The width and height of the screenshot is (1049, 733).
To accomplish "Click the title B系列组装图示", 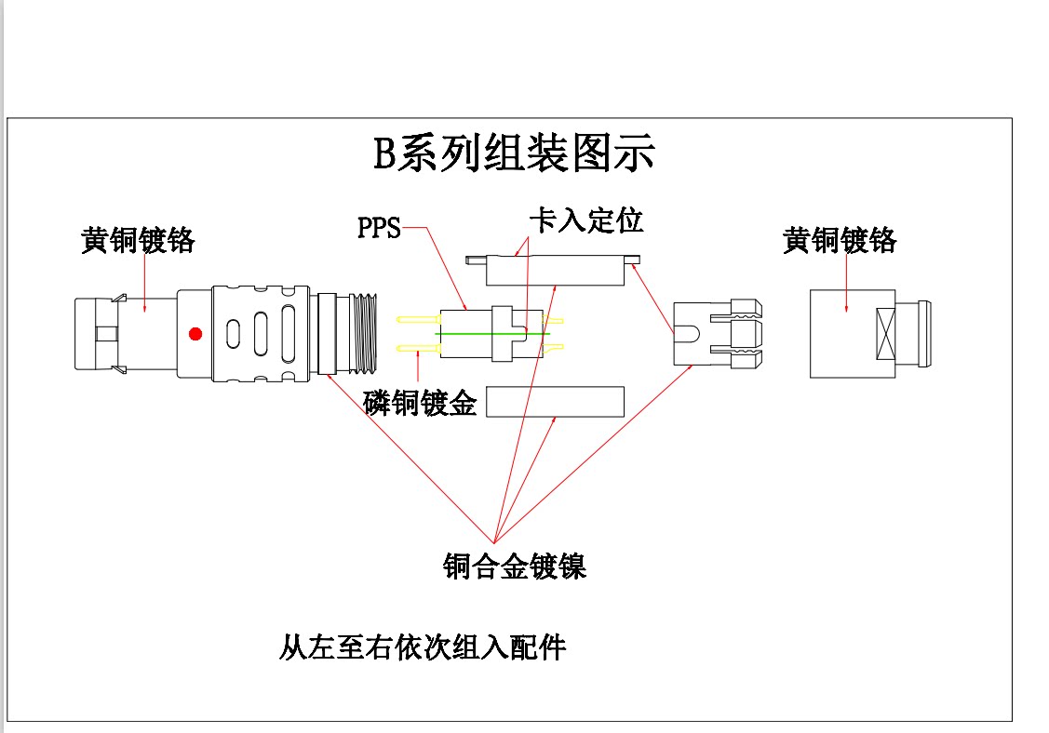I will coord(514,153).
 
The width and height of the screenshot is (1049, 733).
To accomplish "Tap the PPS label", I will coord(379,228).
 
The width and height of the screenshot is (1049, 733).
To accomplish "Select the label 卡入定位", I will coord(585,220).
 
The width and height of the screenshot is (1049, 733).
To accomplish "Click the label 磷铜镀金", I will coord(420,403).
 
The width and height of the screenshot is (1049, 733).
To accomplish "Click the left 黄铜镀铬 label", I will coord(138,241).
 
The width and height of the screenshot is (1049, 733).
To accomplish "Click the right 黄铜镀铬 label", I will coord(840,241).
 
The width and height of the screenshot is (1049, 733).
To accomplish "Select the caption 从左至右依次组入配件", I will coord(423,646).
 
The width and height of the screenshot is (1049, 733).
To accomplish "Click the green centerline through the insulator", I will coord(493,333).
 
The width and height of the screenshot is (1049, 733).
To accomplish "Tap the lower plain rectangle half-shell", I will coord(554,402).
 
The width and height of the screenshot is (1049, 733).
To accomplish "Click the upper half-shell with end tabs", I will coord(556,270).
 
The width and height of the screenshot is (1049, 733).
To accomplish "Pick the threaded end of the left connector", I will coord(360,333).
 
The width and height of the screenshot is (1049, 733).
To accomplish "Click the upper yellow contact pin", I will coord(417,319).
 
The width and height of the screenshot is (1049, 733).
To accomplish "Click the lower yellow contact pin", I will coord(417,348).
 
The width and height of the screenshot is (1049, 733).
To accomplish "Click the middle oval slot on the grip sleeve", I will coord(262,333).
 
